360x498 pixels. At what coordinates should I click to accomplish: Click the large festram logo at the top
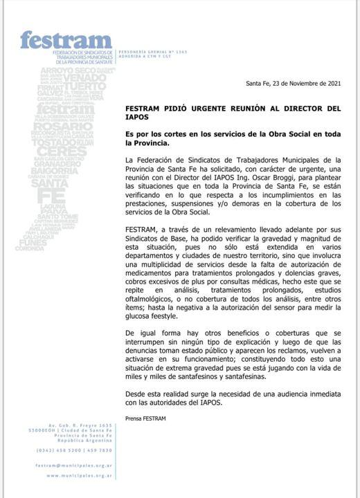[x=66, y=41]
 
